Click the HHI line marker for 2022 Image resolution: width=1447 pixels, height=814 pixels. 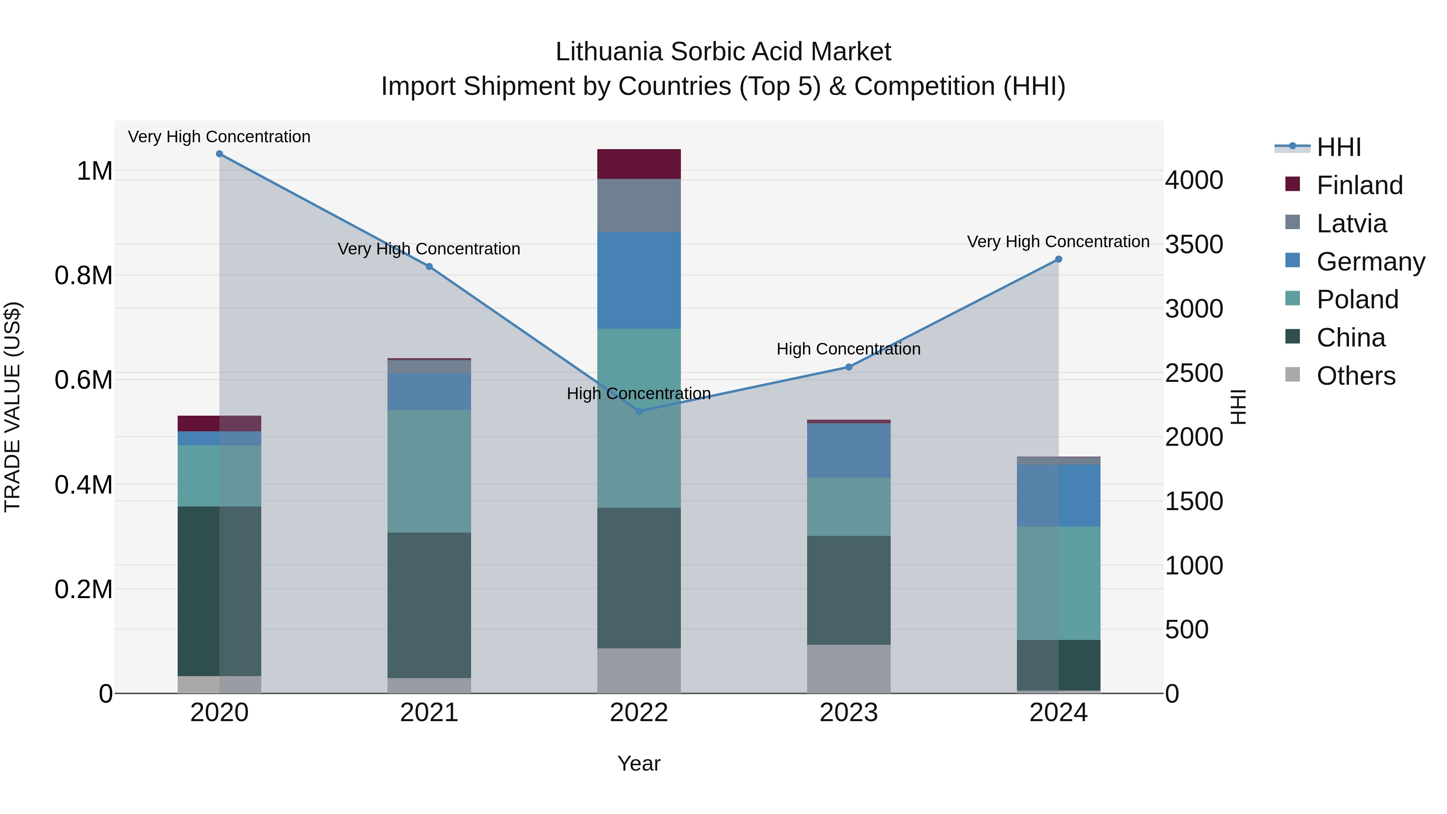click(639, 411)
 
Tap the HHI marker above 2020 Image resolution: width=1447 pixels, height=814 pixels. click(219, 154)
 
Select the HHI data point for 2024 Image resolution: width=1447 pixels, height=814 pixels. click(1058, 260)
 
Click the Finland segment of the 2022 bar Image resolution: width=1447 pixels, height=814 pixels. click(639, 164)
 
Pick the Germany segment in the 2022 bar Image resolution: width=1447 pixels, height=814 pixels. click(639, 280)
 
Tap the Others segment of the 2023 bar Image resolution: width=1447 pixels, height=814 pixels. click(849, 668)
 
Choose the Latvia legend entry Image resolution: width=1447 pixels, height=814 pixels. click(1351, 223)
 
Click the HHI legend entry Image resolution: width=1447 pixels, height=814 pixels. click(1338, 147)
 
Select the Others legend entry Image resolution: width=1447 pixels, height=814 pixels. click(1355, 376)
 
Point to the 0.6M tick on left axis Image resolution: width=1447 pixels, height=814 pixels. click(84, 380)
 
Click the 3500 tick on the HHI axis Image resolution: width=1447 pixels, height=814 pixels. click(1194, 244)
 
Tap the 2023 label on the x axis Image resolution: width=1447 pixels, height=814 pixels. click(849, 713)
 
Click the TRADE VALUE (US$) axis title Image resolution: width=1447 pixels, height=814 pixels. click(13, 407)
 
